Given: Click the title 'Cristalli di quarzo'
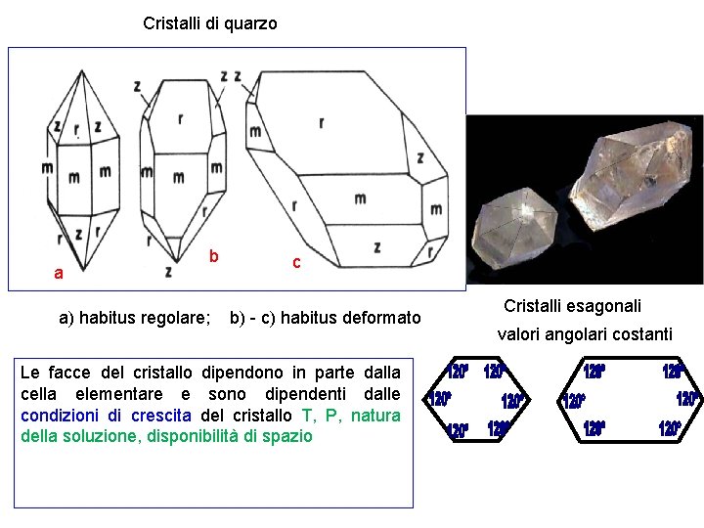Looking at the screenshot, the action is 209,22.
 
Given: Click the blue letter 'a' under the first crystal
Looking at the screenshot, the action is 59,274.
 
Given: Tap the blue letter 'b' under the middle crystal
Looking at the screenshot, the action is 213,256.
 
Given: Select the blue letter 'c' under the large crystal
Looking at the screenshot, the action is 296,262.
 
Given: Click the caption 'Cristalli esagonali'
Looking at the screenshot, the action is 572,306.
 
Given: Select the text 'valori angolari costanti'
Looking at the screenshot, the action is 584,334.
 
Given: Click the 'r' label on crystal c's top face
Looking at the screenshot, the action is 321,122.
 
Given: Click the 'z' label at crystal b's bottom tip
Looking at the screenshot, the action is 168,270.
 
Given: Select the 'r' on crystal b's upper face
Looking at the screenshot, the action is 180,119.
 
